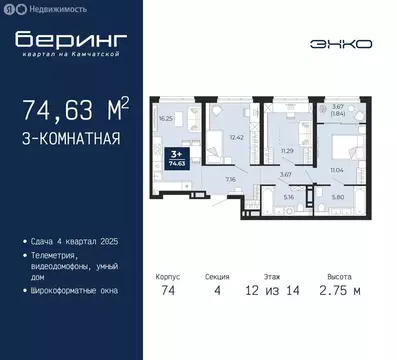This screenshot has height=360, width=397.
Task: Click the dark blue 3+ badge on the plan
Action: (177, 155)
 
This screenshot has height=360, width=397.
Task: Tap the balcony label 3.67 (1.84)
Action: (339, 110)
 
